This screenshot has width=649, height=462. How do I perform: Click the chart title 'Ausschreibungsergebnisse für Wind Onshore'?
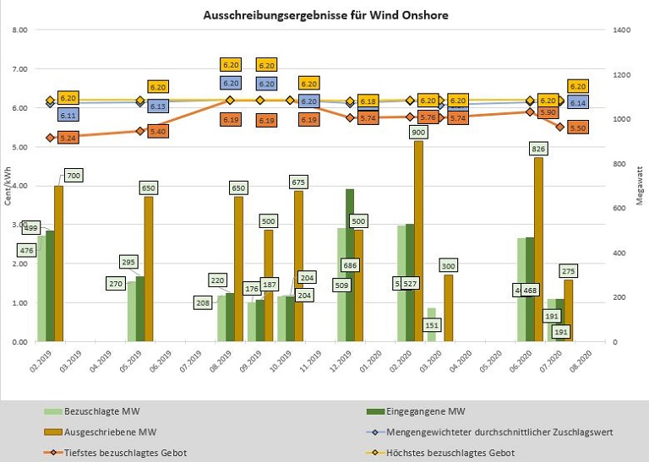point(325,15)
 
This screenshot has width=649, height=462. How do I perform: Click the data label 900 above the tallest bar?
point(417,133)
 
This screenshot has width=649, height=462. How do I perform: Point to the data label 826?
point(538,149)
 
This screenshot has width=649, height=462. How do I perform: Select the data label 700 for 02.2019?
point(74,176)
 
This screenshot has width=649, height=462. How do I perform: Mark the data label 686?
point(350,265)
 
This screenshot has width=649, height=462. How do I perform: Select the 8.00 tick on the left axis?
point(20,30)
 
